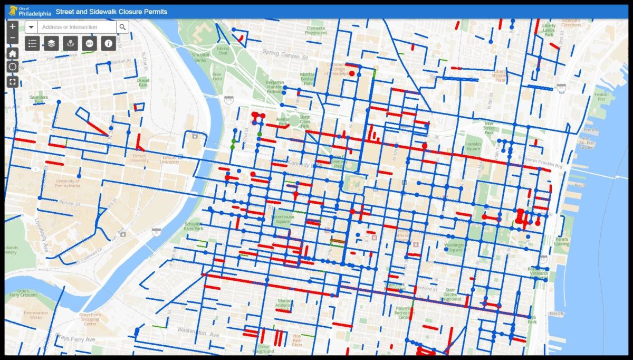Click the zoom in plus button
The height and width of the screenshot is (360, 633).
pyautogui.click(x=13, y=26)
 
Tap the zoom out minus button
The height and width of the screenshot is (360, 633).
pyautogui.click(x=13, y=37)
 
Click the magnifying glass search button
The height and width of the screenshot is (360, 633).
pyautogui.click(x=122, y=27)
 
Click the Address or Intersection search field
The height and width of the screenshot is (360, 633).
pyautogui.click(x=76, y=27)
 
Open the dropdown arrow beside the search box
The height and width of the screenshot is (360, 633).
pyautogui.click(x=31, y=27)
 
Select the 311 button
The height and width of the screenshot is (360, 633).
pyautogui.click(x=90, y=44)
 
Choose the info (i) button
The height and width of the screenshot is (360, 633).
pyautogui.click(x=109, y=44)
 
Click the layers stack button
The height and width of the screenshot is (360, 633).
pyautogui.click(x=51, y=44)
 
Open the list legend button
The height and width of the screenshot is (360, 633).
pyautogui.click(x=32, y=44)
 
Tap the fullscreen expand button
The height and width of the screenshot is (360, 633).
pyautogui.click(x=13, y=82)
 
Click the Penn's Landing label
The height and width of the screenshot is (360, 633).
pyautogui.click(x=562, y=241)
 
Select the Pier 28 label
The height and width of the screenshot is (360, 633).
pyautogui.click(x=557, y=314)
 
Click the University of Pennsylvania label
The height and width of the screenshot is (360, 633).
pyautogui.click(x=67, y=183)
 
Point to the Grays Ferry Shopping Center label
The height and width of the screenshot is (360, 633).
pyautogui.click(x=90, y=319)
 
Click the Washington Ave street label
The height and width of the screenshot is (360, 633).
pyautogui.click(x=198, y=332)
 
